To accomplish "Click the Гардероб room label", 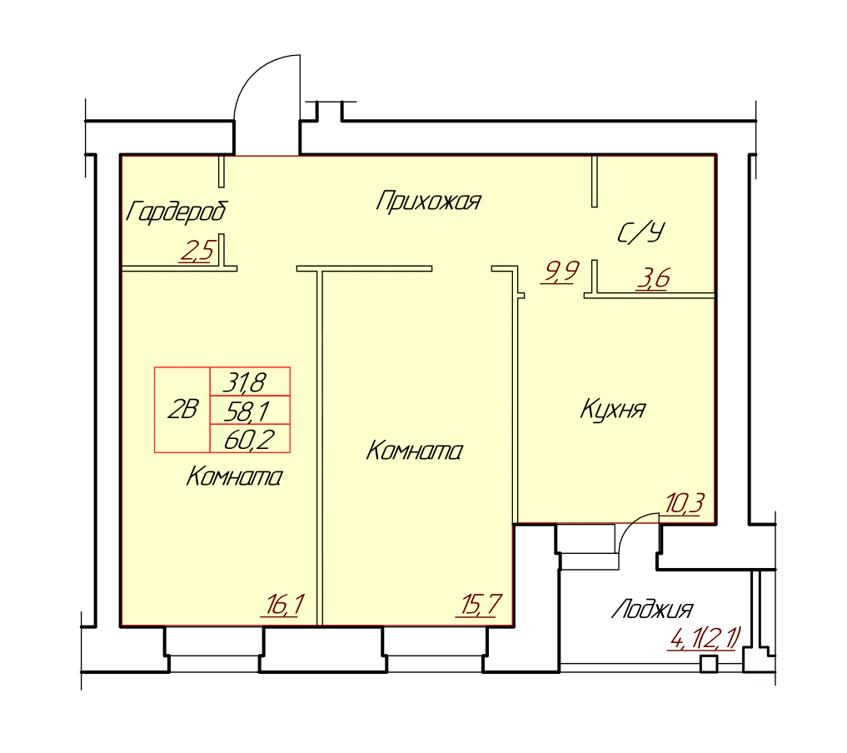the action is [x=177, y=212].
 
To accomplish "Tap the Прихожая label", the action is [x=428, y=201].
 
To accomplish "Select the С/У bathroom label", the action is [x=640, y=233].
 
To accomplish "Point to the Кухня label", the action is [x=613, y=409].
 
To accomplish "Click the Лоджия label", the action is [x=652, y=610].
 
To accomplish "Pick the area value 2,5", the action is [x=197, y=251].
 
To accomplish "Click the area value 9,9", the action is [x=561, y=272].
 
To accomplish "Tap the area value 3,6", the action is [x=653, y=278].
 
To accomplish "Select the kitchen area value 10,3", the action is [x=685, y=504].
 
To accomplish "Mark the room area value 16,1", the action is [x=285, y=605].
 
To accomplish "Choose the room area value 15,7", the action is [x=481, y=605].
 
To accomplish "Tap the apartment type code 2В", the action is [x=182, y=410].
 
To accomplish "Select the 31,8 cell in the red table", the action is [x=250, y=381].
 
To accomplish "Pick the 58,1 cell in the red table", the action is [x=250, y=411].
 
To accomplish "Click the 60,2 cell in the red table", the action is [x=250, y=439].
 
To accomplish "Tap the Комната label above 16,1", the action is [x=234, y=477].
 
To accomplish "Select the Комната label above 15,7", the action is [x=414, y=451].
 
